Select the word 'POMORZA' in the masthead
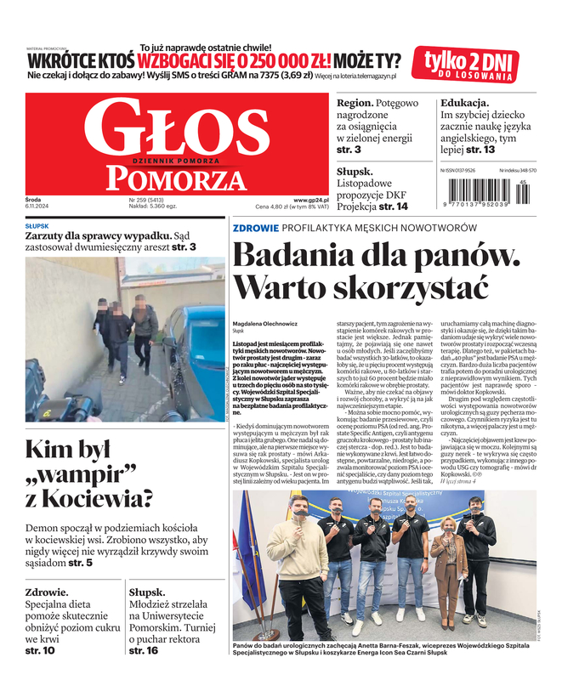pyautogui.click(x=169, y=178)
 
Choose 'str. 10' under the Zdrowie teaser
pyautogui.click(x=40, y=650)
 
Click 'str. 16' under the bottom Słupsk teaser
pyautogui.click(x=143, y=650)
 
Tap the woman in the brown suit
pyautogui.click(x=446, y=569)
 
